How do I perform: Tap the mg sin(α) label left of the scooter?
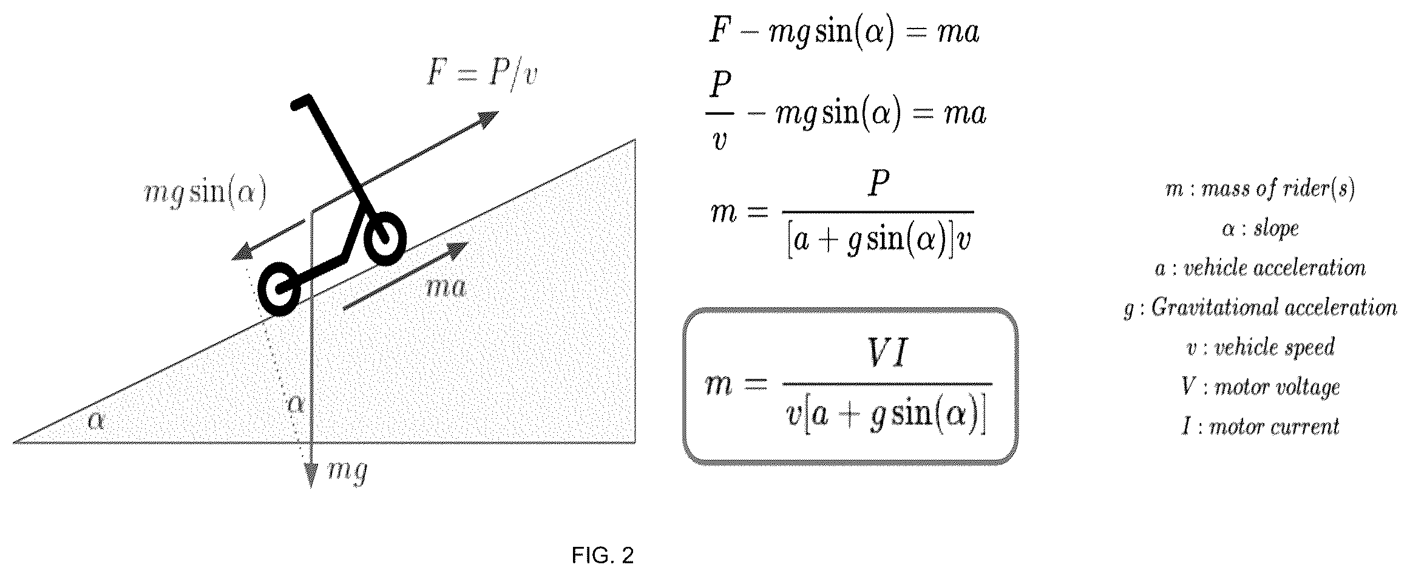click(205, 195)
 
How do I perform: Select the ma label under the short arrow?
click(446, 287)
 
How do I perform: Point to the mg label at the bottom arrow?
click(347, 471)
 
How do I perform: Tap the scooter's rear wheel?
click(279, 290)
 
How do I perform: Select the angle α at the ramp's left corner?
click(96, 420)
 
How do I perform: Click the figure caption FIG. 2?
click(603, 555)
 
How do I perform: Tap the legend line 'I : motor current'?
click(1259, 427)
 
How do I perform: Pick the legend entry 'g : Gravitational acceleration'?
click(1260, 308)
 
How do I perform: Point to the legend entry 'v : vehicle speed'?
click(1260, 348)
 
